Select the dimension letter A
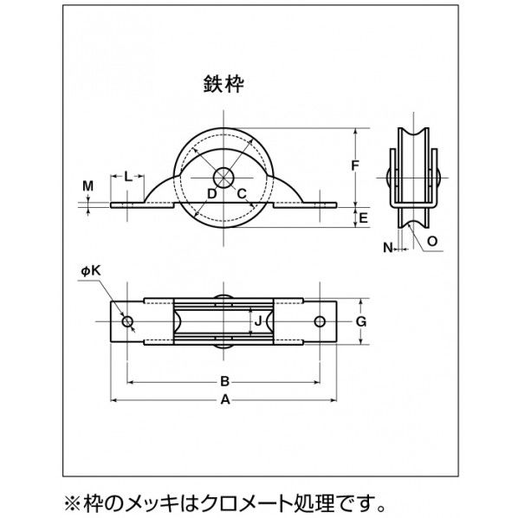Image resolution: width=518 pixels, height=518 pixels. pyautogui.click(x=224, y=401)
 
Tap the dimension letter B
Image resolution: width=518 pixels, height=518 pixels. pyautogui.click(x=224, y=380)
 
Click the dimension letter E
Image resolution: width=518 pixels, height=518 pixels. pyautogui.click(x=365, y=217)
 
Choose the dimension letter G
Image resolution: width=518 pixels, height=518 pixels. pyautogui.click(x=362, y=321)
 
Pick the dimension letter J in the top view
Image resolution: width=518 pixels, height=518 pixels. pyautogui.click(x=256, y=322)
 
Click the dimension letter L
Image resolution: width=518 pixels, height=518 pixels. pyautogui.click(x=127, y=176)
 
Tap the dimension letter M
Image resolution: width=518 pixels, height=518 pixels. pyautogui.click(x=87, y=185)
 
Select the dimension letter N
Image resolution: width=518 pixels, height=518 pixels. pyautogui.click(x=388, y=248)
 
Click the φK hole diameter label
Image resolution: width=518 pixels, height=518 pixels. pyautogui.click(x=91, y=271)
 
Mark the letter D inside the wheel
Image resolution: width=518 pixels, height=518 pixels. pyautogui.click(x=210, y=192)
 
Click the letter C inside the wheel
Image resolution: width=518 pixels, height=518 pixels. pyautogui.click(x=242, y=192)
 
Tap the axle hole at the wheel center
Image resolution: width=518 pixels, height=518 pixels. pyautogui.click(x=224, y=177)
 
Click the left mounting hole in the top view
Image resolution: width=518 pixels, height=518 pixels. pyautogui.click(x=128, y=322)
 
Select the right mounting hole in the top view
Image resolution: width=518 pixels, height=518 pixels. pyautogui.click(x=321, y=322)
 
